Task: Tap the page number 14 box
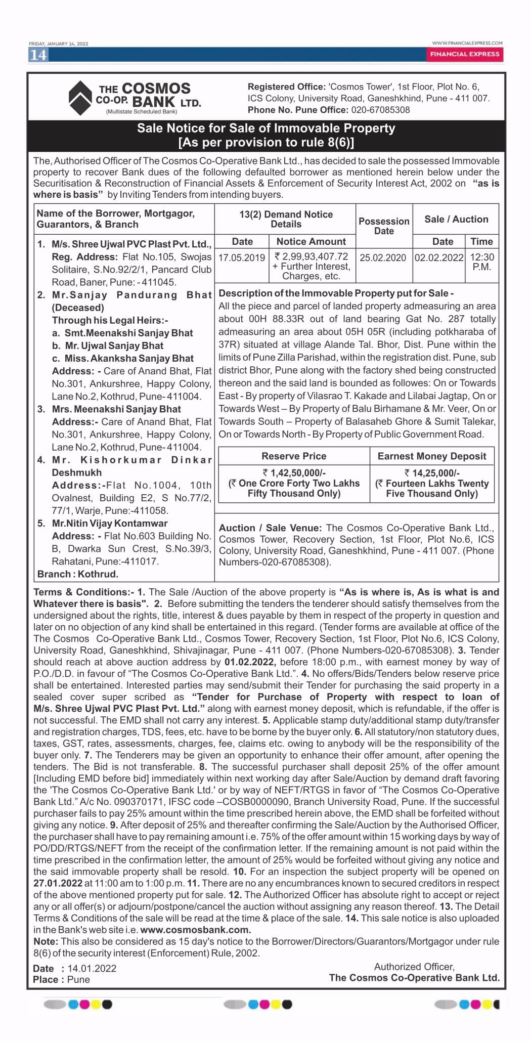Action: coord(38,55)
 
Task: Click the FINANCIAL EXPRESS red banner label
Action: coord(465,54)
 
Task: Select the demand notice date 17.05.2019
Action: coord(242,257)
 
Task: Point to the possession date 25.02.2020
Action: coord(383,257)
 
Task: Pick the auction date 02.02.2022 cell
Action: coord(439,257)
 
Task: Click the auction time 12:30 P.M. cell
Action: coord(482,262)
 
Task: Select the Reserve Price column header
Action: coord(294,456)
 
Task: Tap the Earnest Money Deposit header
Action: coord(432,456)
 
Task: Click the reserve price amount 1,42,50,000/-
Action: coord(294,473)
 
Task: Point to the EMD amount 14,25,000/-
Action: coord(432,473)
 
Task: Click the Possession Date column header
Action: coord(384,226)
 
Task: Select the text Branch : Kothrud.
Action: coord(78,574)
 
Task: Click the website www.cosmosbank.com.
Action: coord(195,930)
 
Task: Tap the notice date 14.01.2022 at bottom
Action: coord(92,968)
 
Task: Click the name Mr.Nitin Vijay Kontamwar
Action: coord(110,524)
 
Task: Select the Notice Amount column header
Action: coord(311,242)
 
